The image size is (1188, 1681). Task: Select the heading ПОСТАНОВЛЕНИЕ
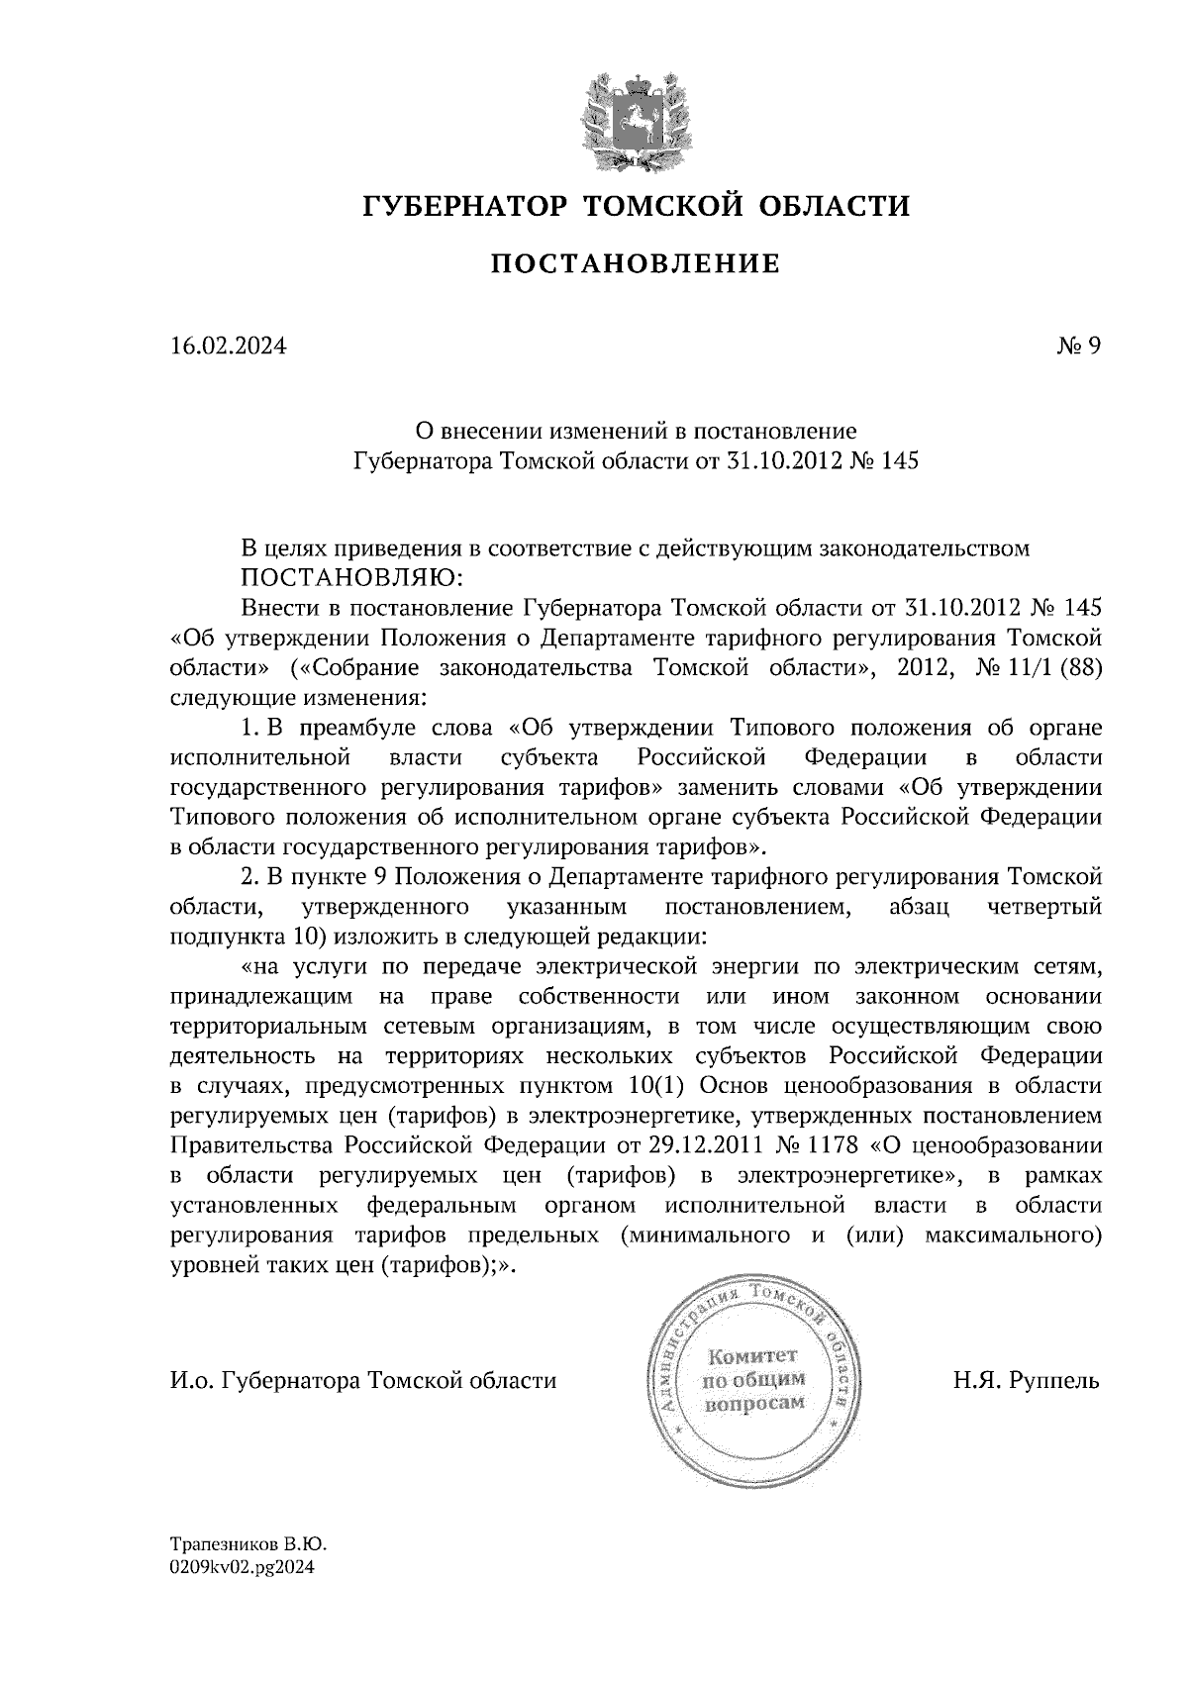pyautogui.click(x=636, y=263)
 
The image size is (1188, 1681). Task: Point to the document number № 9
pyautogui.click(x=1078, y=346)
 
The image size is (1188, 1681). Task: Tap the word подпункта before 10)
pyautogui.click(x=221, y=936)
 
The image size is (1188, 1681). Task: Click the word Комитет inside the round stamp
pyautogui.click(x=752, y=1355)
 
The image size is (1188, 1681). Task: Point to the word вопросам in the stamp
pyautogui.click(x=754, y=1404)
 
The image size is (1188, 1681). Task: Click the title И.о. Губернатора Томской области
pyautogui.click(x=363, y=1380)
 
